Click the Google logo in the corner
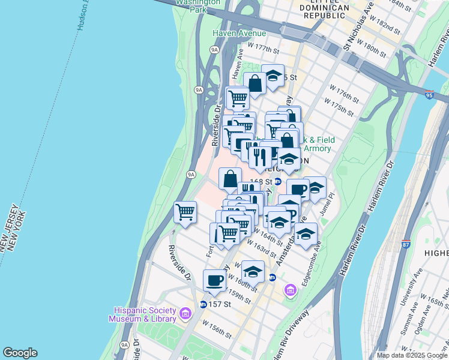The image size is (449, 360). (20, 353)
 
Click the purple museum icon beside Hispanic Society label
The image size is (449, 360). (185, 314)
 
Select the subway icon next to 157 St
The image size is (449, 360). (203, 304)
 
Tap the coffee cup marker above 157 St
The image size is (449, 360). (214, 280)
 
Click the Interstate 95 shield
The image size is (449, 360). (428, 95)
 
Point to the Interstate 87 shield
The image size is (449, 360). (406, 244)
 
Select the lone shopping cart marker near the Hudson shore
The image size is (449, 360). (185, 212)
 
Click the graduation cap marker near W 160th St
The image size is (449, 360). (253, 271)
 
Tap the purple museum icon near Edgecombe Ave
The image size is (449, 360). (291, 291)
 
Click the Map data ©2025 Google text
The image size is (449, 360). (412, 355)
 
